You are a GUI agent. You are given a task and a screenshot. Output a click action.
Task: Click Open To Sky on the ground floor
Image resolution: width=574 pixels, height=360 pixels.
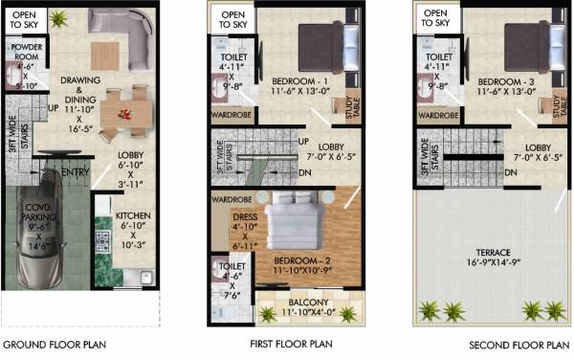(25, 20)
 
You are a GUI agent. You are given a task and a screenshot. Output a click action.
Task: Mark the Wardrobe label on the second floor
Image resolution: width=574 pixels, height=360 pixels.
(437, 115)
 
